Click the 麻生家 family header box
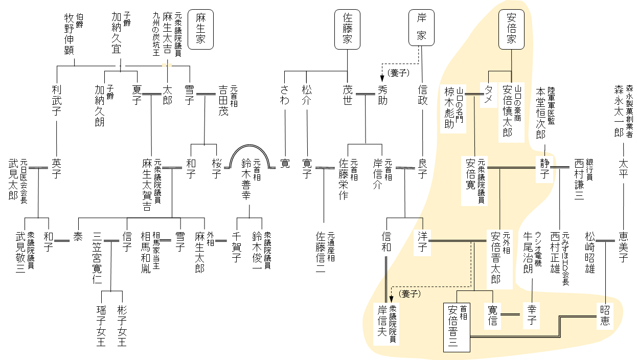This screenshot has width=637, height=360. coord(200,29)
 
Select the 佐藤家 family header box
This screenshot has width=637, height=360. coord(347,29)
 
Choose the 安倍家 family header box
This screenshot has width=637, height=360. coord(512,29)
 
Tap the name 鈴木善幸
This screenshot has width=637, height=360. coord(247,178)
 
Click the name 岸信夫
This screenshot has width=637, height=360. coord(383,325)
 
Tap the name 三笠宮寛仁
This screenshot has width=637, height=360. coord(97,258)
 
